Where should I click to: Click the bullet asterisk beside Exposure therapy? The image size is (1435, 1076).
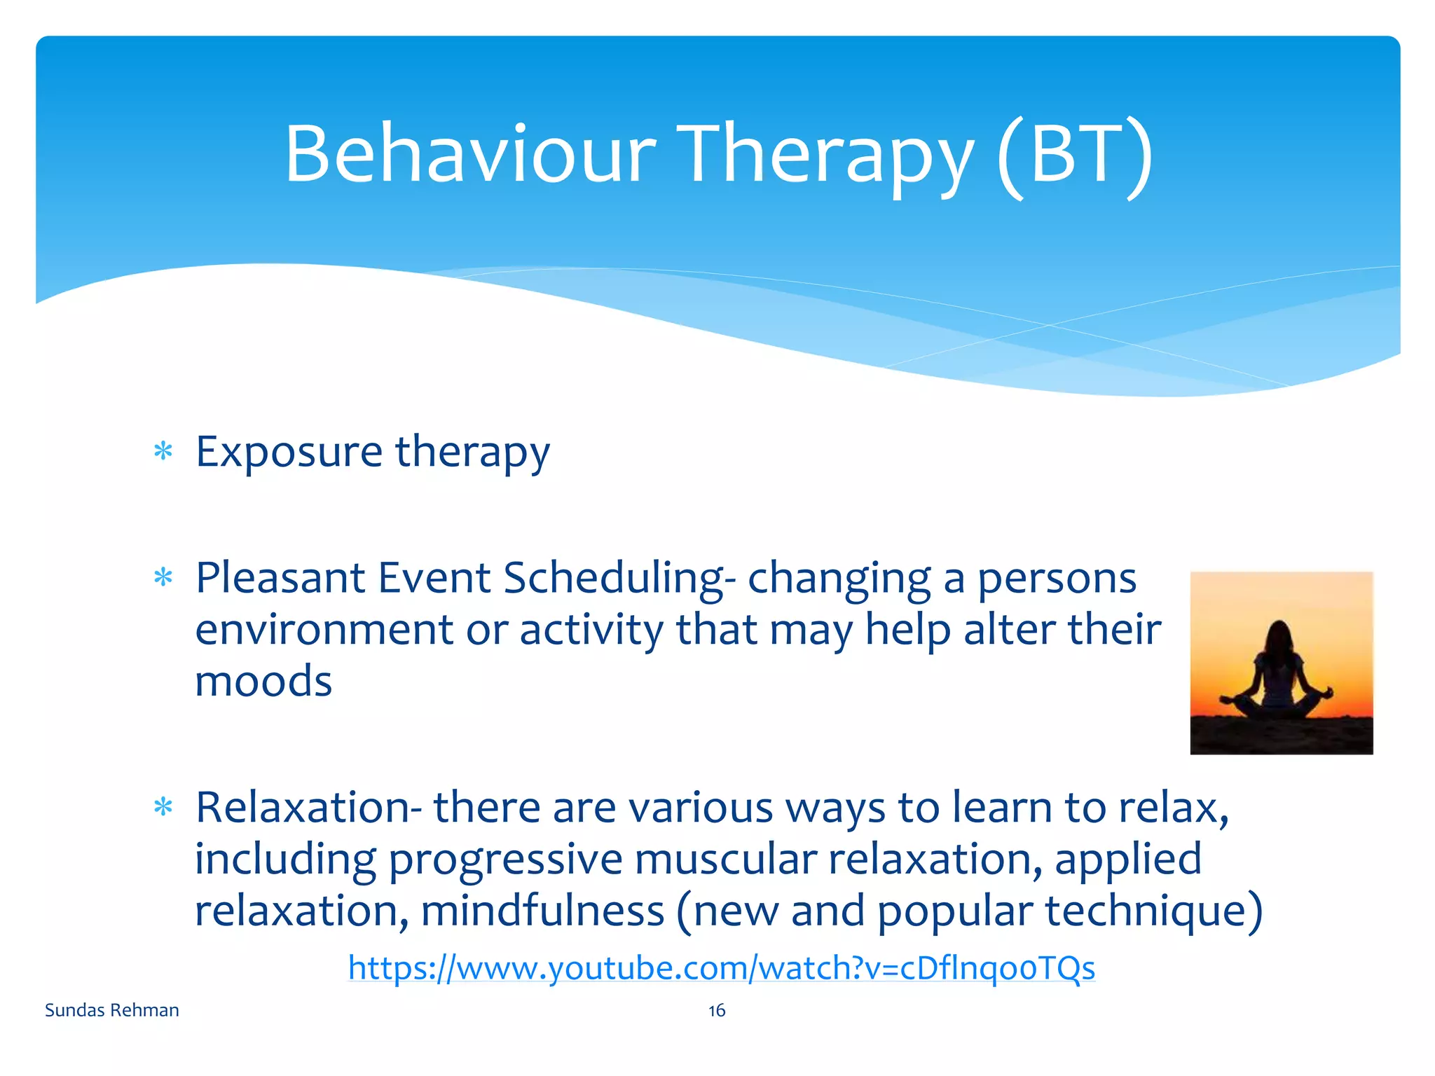click(163, 451)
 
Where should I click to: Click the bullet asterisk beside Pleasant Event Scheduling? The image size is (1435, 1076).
click(163, 578)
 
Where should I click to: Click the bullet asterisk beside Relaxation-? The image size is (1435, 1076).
click(163, 808)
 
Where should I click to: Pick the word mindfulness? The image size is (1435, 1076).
click(542, 911)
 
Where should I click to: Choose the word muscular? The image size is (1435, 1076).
click(725, 860)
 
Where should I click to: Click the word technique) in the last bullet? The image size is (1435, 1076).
click(1153, 911)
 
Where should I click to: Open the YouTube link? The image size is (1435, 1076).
click(721, 968)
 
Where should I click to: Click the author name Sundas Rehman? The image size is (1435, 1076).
click(112, 1010)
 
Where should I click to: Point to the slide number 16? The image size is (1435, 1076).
click(717, 1010)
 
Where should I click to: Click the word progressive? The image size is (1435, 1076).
click(505, 860)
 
